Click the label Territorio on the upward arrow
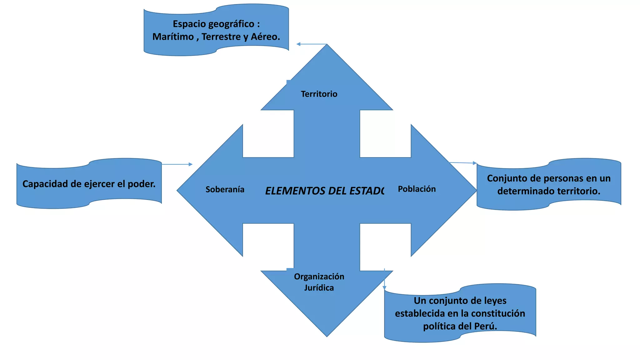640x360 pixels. click(x=319, y=94)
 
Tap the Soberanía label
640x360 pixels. click(x=225, y=189)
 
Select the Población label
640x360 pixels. click(x=417, y=189)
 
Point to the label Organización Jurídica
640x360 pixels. click(x=319, y=282)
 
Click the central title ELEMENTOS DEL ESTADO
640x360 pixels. click(x=324, y=191)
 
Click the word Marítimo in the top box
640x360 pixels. click(x=173, y=37)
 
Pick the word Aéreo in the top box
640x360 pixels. click(x=265, y=37)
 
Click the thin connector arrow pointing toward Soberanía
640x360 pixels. click(x=177, y=164)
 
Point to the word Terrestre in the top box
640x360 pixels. click(x=221, y=37)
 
